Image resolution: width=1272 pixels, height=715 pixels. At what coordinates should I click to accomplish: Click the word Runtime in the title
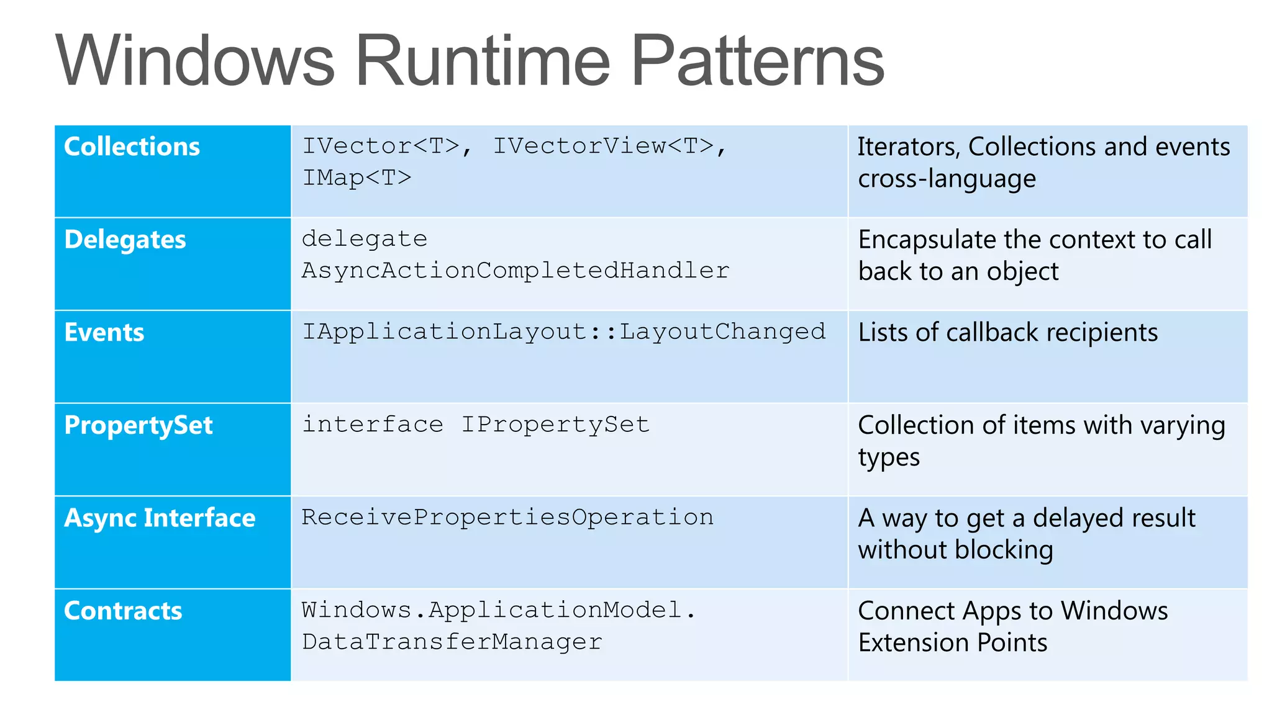click(483, 61)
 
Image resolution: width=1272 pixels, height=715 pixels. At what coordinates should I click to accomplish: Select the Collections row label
click(132, 146)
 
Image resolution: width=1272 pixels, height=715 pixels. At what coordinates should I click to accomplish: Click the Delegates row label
click(125, 240)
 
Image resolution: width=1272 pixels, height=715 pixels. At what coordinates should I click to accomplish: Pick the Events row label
click(104, 333)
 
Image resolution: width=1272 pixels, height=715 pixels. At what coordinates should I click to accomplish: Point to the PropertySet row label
click(139, 425)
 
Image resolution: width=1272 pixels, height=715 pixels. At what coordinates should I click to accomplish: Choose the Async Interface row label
click(160, 518)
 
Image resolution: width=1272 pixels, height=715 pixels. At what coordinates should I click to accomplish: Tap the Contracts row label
click(123, 611)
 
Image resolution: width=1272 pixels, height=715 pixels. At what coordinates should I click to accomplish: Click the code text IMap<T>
click(357, 178)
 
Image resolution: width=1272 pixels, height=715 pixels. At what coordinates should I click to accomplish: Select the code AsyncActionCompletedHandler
click(516, 271)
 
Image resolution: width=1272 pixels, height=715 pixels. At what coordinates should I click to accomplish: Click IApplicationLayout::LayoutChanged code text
click(564, 332)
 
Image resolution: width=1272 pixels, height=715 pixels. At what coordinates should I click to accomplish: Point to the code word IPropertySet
click(555, 425)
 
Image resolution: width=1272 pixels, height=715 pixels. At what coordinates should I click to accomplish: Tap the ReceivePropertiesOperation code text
click(507, 518)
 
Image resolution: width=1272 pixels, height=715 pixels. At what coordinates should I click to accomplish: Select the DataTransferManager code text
click(452, 642)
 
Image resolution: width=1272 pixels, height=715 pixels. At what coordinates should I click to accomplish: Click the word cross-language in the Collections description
click(947, 179)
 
